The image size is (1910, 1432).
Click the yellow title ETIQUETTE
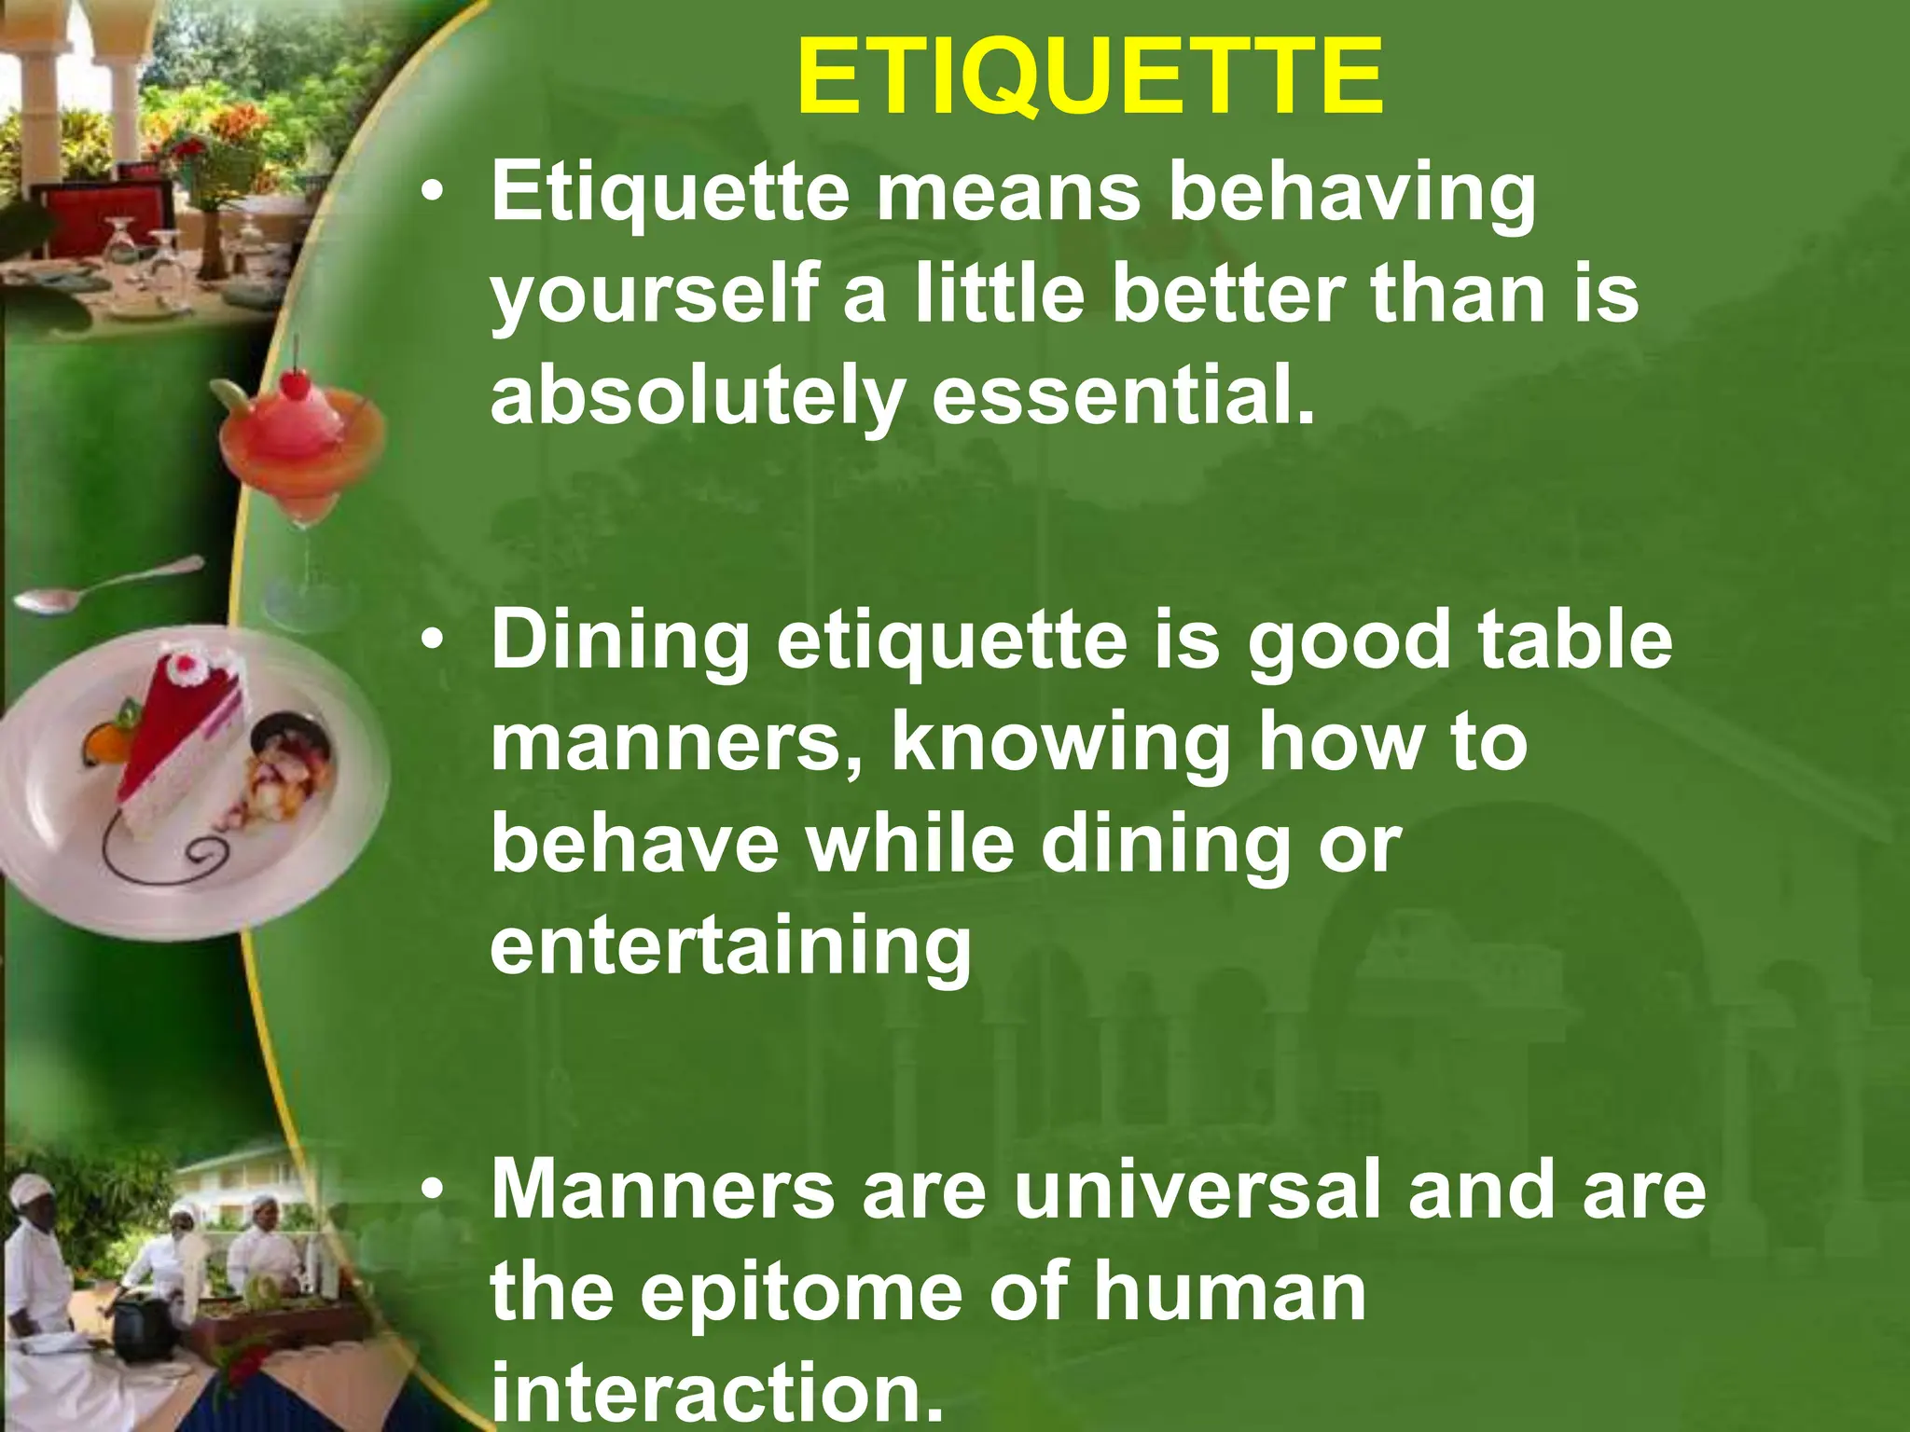tap(1089, 78)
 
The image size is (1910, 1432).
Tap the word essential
tap(1123, 395)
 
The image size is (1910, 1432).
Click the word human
tap(1229, 1291)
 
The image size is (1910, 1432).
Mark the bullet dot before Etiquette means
tap(431, 195)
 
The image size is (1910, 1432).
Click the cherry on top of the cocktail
tap(297, 381)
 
